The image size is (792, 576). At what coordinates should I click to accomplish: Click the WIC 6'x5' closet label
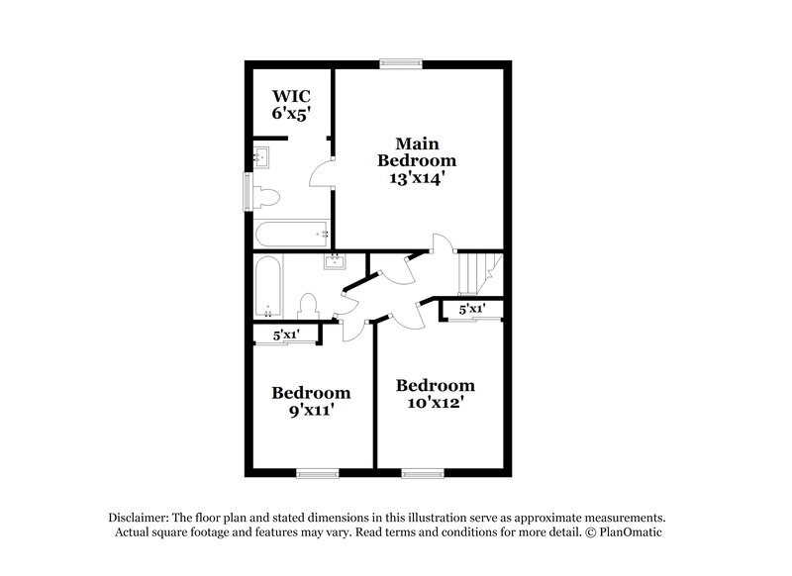(292, 104)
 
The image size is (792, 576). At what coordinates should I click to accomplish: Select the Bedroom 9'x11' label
(311, 400)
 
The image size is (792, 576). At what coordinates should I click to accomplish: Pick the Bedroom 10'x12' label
(435, 394)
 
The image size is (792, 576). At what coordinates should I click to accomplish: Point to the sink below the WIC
(263, 156)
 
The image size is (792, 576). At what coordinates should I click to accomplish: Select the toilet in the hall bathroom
(308, 305)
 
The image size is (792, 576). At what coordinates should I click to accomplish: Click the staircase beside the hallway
(479, 272)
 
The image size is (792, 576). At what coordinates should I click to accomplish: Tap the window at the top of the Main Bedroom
(402, 64)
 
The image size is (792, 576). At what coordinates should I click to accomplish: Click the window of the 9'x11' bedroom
(318, 474)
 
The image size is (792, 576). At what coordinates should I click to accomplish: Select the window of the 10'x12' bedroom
(422, 474)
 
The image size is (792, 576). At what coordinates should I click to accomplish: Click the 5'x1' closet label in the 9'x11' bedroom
(287, 335)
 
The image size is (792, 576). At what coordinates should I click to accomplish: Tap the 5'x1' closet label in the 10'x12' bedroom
(472, 310)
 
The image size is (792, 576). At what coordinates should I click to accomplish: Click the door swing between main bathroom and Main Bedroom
(321, 176)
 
